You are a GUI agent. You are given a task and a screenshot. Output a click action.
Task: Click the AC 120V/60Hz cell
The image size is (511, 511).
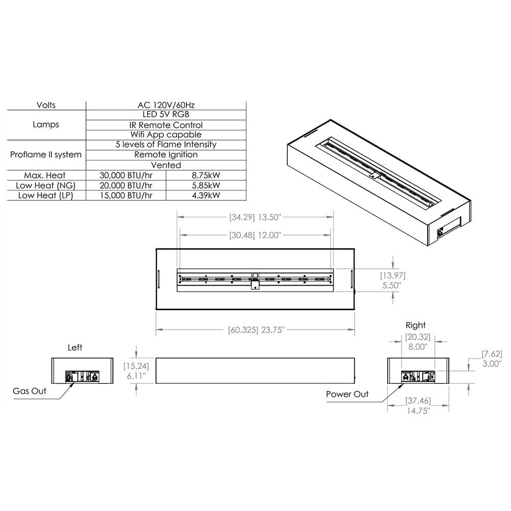[166, 105]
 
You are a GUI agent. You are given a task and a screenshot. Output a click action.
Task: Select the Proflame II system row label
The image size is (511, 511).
[45, 154]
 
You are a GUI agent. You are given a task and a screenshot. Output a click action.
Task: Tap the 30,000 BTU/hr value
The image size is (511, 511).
[126, 175]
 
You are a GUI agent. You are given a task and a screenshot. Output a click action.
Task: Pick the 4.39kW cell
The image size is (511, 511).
[206, 195]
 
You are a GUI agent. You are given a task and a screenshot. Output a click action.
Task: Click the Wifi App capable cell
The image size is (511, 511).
[166, 134]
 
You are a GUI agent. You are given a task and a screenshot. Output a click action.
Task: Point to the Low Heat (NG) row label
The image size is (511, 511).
[45, 185]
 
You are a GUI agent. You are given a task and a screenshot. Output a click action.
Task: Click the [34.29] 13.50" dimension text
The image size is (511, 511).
[255, 217]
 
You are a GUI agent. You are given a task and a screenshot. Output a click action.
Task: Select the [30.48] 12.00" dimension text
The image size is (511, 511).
[255, 235]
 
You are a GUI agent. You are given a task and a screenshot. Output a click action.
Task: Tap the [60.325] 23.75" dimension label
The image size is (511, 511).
[256, 330]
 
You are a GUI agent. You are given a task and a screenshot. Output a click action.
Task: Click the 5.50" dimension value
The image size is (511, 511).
[392, 286]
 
